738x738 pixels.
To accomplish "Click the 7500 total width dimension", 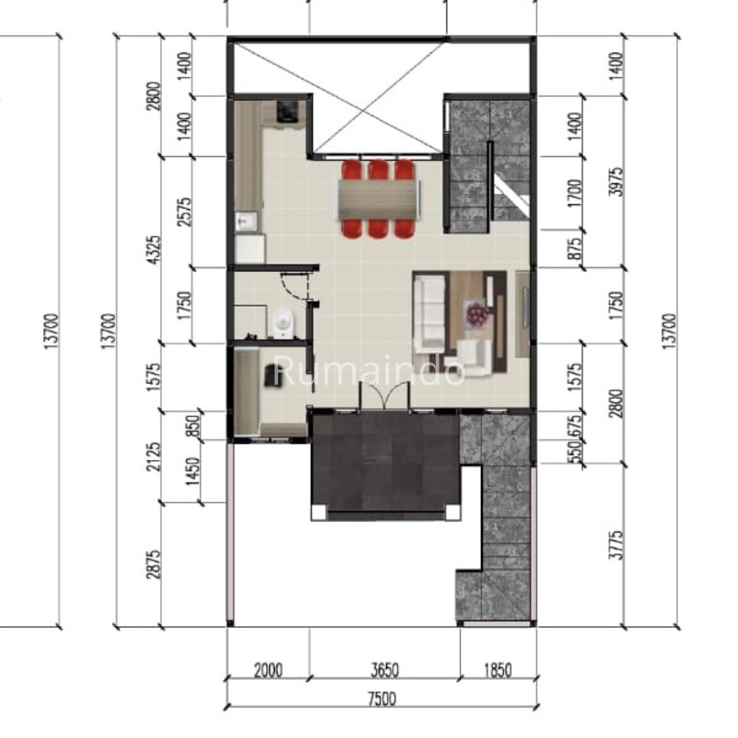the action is click(382, 699).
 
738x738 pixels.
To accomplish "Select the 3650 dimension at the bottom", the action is click(385, 670).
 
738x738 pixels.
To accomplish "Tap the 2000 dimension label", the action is click(269, 670).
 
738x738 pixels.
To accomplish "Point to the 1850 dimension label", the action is click(497, 670).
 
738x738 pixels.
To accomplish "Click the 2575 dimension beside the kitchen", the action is click(184, 212).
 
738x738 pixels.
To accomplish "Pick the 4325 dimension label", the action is click(154, 249).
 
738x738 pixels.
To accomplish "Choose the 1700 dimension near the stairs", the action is click(575, 193).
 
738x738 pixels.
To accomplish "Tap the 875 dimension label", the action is click(575, 248).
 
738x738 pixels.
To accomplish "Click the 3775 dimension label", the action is click(616, 545).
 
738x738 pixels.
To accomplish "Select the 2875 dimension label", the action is click(154, 564).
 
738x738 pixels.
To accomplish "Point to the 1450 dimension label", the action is click(193, 471).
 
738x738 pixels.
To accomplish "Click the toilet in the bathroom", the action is click(283, 323).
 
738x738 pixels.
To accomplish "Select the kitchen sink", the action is click(246, 221).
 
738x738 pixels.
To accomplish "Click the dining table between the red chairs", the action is click(379, 200).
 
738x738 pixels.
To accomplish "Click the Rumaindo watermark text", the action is click(369, 370).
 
